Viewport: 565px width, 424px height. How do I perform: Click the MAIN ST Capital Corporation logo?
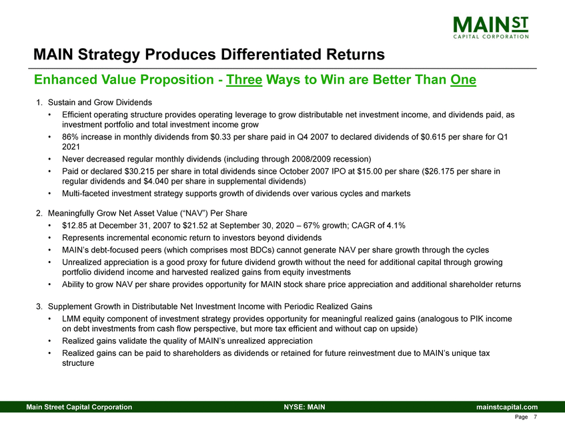491,27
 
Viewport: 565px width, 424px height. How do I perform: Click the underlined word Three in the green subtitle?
244,79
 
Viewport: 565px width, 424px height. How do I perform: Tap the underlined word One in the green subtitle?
463,79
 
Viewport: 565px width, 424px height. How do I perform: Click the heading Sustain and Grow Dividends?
100,102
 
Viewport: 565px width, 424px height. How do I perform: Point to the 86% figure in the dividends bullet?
70,137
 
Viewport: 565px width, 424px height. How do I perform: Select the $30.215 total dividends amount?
138,171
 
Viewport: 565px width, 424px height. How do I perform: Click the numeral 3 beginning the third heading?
38,307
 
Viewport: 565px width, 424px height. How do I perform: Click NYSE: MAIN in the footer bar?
304,407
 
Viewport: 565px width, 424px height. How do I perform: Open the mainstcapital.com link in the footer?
507,407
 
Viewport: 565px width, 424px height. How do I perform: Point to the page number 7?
536,417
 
